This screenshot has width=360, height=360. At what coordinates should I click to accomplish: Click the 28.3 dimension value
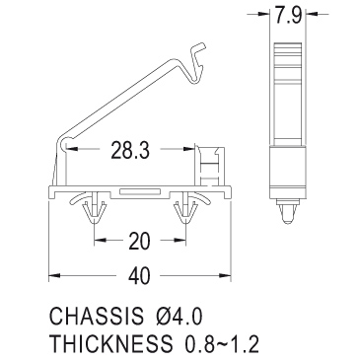[130, 150]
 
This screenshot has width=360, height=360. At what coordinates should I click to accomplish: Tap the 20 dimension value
[139, 241]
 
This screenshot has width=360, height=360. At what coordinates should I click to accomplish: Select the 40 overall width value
[139, 275]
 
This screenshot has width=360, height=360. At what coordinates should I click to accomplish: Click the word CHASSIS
[97, 316]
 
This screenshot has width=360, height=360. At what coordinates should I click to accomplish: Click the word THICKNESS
[111, 343]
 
